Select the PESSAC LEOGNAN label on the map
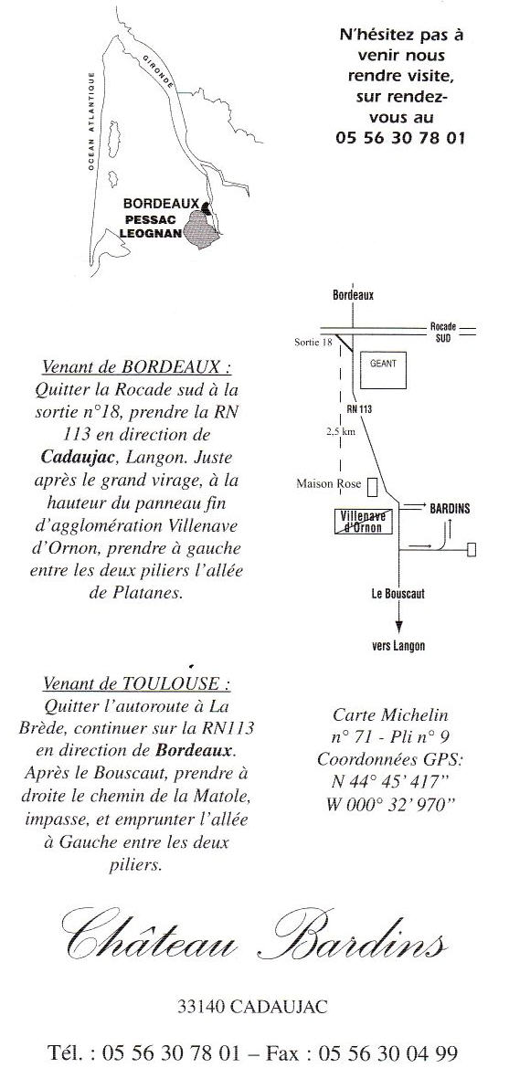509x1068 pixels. tap(152, 226)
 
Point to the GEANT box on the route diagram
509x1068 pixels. tap(383, 370)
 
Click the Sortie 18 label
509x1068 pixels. tap(313, 342)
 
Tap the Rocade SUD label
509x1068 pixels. tap(443, 332)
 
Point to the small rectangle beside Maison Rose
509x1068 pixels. tap(372, 486)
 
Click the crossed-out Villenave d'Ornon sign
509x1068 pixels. tap(364, 521)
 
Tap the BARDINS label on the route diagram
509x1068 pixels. tap(450, 508)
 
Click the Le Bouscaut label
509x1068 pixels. tap(398, 593)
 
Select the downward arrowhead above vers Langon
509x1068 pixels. tap(398, 628)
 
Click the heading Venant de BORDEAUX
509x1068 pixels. tap(136, 367)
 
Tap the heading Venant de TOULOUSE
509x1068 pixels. tap(136, 682)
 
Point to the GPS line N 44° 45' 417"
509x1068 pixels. tap(390, 781)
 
